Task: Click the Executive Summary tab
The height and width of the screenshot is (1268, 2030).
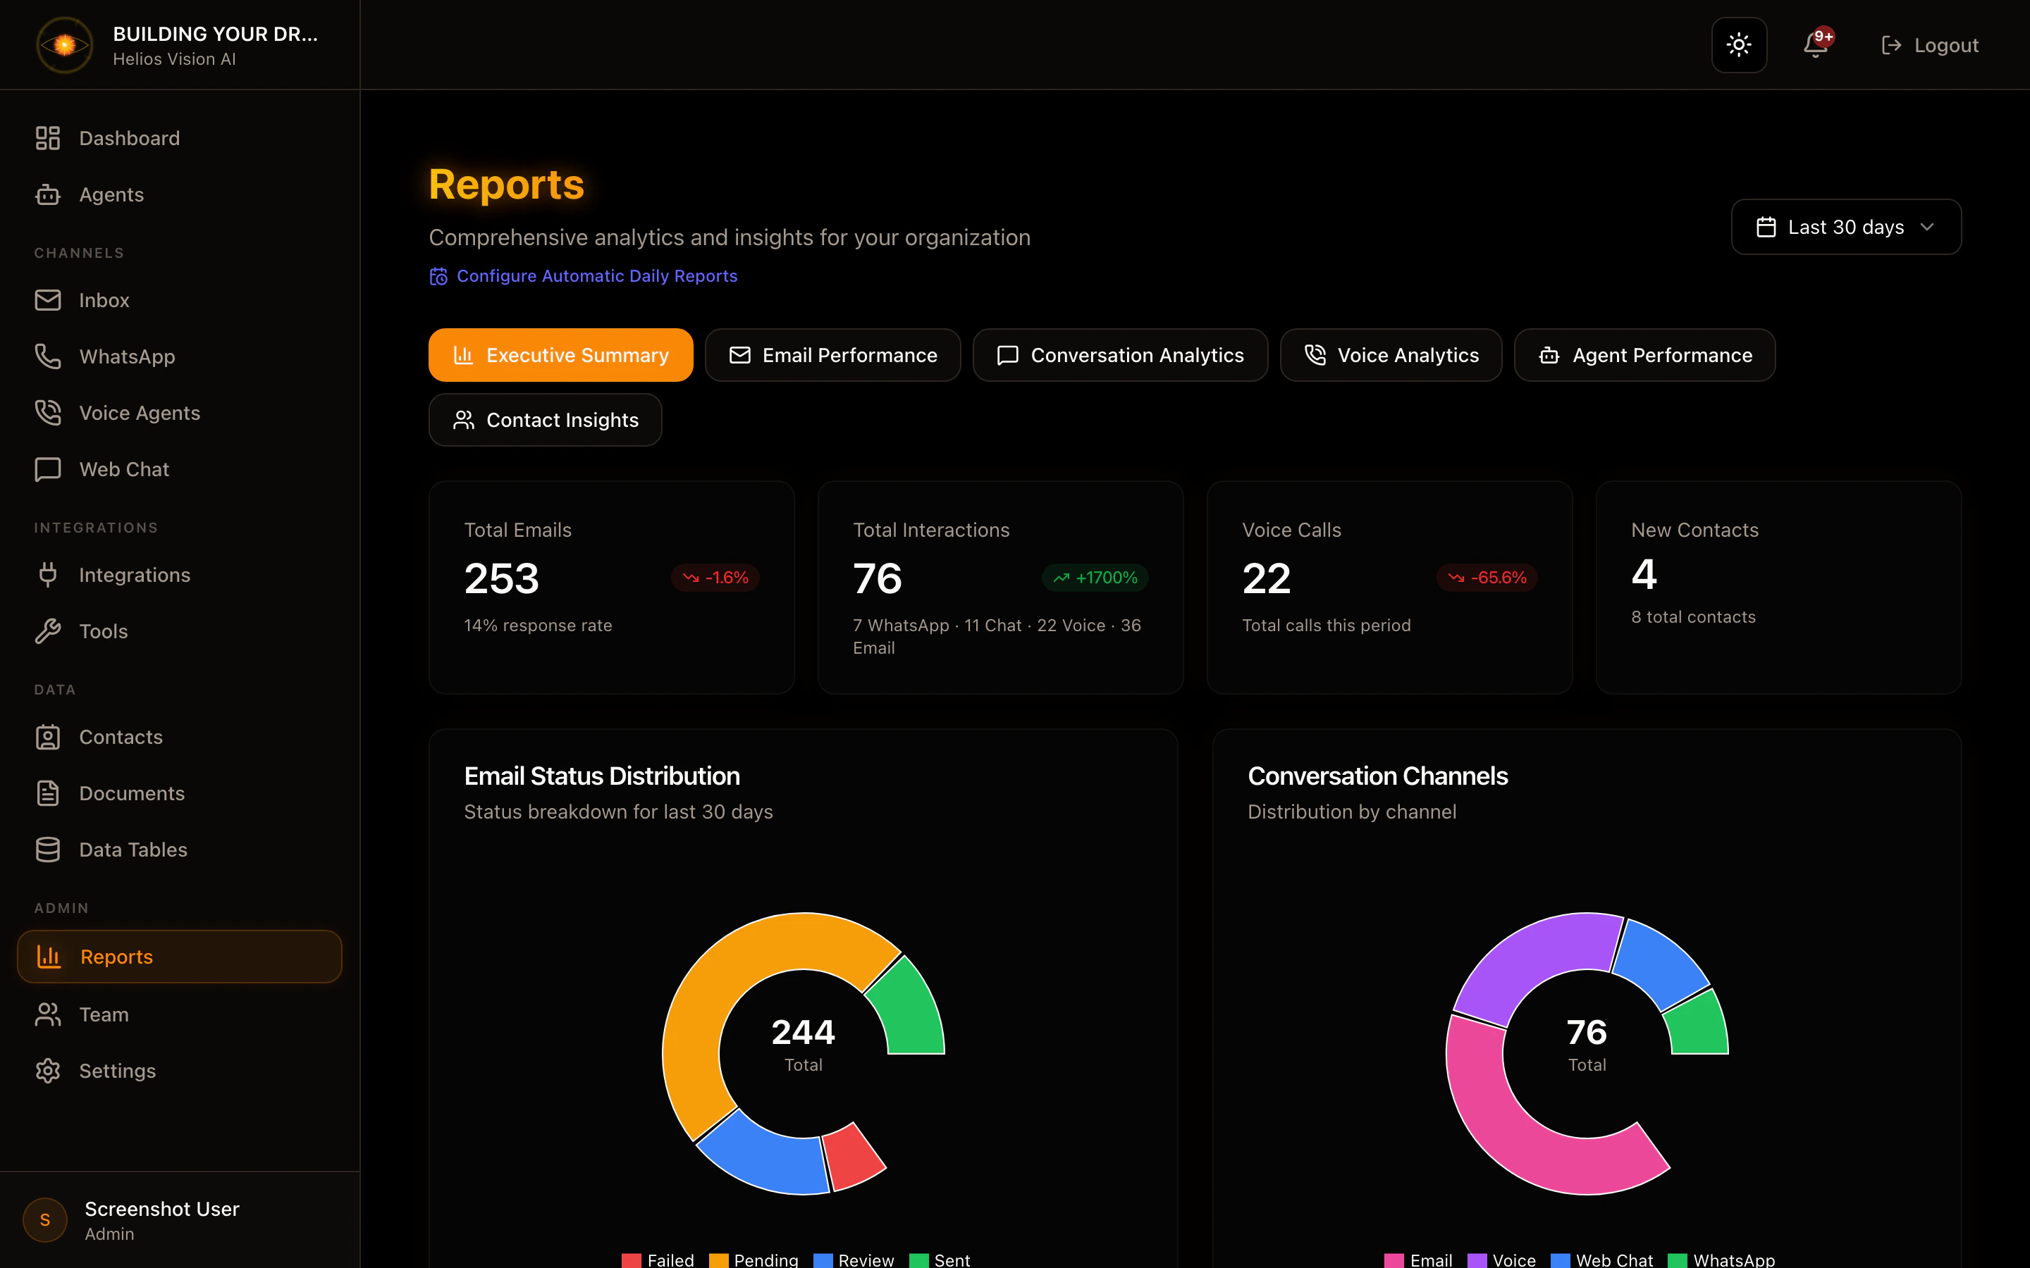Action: [560, 355]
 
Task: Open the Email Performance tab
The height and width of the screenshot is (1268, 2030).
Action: [832, 355]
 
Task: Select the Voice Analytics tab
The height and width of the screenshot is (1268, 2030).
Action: [1390, 355]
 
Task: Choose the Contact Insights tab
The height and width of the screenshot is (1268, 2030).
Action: [546, 420]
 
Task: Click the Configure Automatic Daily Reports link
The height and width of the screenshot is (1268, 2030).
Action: [596, 276]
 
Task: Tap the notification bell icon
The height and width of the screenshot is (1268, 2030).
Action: [1815, 45]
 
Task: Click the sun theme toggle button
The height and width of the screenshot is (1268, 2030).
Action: [1739, 45]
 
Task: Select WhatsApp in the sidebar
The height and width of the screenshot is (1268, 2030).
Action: [127, 356]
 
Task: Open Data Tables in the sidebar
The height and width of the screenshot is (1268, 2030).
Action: [133, 850]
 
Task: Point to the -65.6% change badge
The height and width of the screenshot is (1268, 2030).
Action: [1487, 578]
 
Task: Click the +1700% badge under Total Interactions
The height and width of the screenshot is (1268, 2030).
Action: [1095, 578]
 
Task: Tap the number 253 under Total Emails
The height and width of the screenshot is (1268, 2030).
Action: [502, 578]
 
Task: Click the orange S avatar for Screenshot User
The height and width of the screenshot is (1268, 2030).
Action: [45, 1220]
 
